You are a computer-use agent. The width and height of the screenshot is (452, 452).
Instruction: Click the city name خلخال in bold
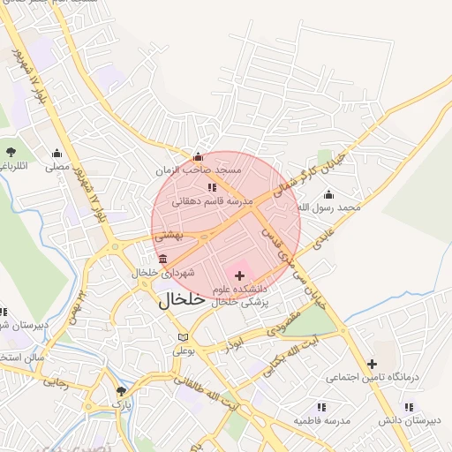pos(182,299)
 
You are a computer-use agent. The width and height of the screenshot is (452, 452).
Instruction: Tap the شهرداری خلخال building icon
pos(163,259)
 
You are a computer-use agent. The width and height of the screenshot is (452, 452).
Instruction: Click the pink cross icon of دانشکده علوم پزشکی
pos(239,276)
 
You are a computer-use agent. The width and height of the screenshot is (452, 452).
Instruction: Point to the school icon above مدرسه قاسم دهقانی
pos(211,188)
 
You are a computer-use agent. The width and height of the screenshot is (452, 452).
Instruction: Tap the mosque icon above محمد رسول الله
pos(329,195)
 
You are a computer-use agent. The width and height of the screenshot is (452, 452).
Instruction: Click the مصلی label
pos(57,165)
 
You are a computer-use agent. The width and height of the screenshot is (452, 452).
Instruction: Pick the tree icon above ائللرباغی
pos(11,152)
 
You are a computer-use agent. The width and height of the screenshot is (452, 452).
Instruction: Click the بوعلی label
pos(182,350)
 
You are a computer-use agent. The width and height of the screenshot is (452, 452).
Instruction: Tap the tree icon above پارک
pos(121,390)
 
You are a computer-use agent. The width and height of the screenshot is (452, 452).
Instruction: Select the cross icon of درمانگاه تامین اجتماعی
pos(372,364)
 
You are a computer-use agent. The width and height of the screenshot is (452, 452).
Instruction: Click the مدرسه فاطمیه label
pos(322,420)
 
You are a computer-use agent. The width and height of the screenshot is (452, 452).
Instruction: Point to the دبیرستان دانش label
pos(408,420)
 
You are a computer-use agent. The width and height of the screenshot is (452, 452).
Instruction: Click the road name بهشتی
pos(167,236)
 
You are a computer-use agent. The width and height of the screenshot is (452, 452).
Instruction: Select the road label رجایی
pos(56,382)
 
